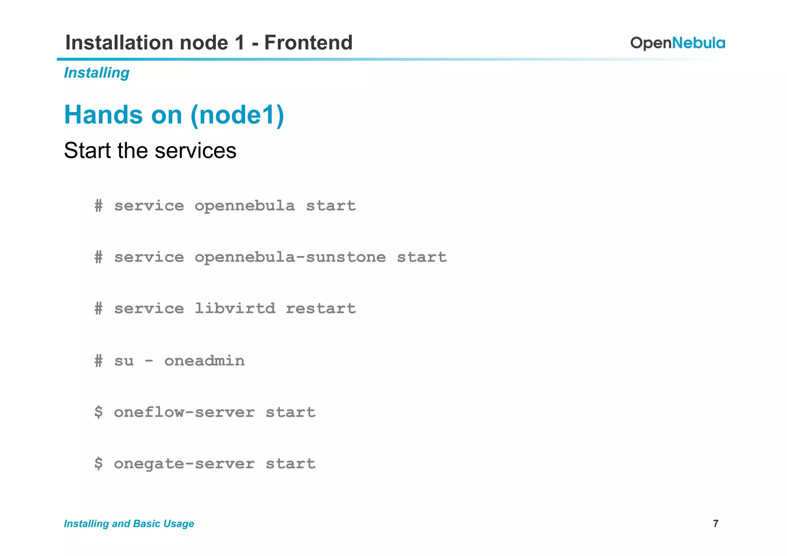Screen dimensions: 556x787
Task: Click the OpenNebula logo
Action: [x=677, y=43]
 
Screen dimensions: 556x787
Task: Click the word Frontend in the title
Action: [x=308, y=42]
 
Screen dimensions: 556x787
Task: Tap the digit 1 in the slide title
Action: [x=240, y=42]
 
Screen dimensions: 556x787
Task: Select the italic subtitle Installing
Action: [x=96, y=73]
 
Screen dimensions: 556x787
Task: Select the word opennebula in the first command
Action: [x=245, y=206]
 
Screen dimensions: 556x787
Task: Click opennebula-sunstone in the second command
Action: [x=290, y=257]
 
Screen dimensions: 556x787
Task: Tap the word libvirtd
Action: [x=235, y=309]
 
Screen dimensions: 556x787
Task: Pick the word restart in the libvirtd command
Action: [x=321, y=309]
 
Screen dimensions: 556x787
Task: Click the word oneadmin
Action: [x=204, y=361]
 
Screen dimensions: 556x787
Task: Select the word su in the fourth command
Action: [x=124, y=361]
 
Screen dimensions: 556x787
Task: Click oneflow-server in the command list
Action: [x=184, y=412]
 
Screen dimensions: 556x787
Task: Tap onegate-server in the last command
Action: [x=184, y=464]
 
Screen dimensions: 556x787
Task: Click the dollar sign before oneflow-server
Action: [x=99, y=412]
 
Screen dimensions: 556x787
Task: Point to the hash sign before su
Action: [x=99, y=361]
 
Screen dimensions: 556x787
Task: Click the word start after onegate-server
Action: [x=291, y=464]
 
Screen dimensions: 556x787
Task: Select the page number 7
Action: [x=716, y=523]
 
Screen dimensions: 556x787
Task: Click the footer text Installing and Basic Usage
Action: [x=129, y=523]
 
